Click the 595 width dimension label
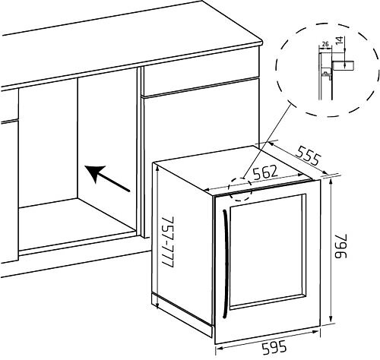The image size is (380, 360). tap(274, 348)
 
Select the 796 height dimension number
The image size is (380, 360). tap(340, 246)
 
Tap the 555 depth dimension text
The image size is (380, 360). tap(308, 155)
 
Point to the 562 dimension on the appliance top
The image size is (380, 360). tap(265, 172)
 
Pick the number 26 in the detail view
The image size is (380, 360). tap(325, 44)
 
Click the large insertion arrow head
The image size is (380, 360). tap(94, 172)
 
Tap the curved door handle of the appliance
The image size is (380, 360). tap(224, 264)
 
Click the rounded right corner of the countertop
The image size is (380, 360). tap(261, 42)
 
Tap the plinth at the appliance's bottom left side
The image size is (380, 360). tap(182, 314)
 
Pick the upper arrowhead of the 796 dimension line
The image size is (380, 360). tap(331, 182)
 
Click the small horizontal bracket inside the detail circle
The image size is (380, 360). tap(344, 65)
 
